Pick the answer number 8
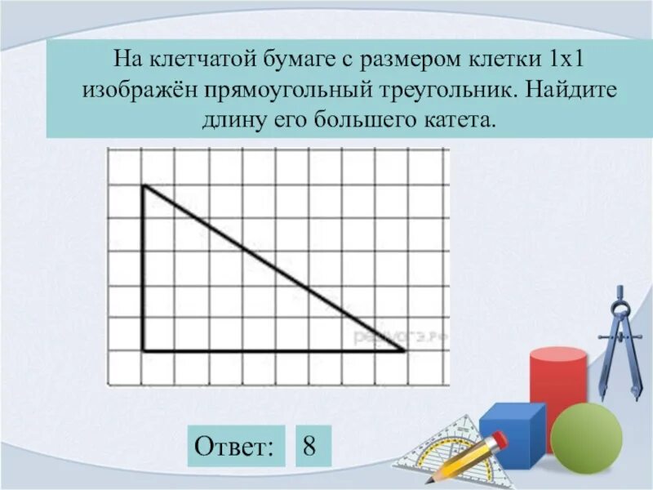tap(309, 446)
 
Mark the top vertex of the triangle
tap(144, 186)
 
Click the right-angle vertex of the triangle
tap(144, 351)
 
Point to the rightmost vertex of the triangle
tap(405, 351)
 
